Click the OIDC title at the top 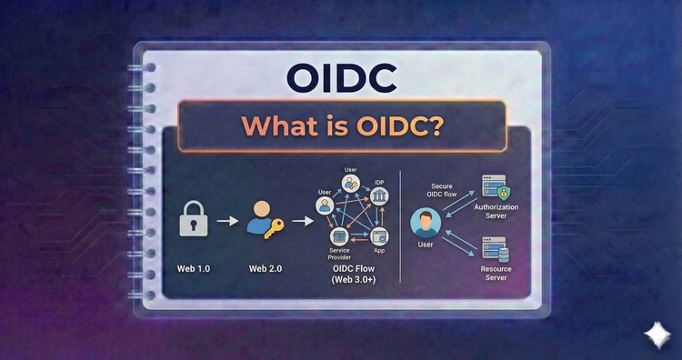click(340, 78)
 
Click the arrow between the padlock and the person click(228, 221)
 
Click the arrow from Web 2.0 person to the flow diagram click(297, 221)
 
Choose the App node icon click(380, 236)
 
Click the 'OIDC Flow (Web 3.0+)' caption click(355, 278)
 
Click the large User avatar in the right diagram click(423, 222)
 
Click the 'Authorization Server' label click(496, 213)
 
